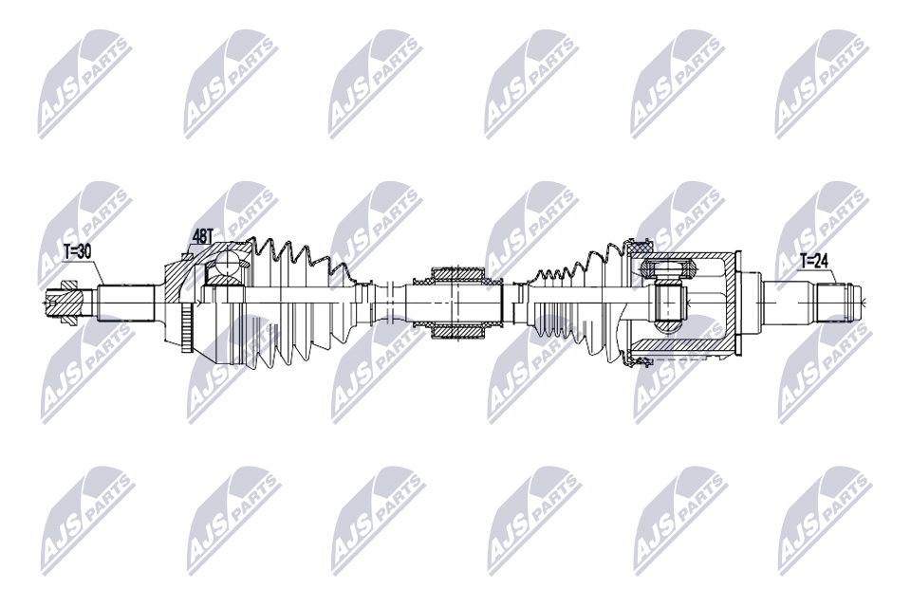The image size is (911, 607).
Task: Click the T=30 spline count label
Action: [77, 251]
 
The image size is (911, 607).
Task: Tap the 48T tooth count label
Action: [202, 236]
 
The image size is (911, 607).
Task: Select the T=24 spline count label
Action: [813, 261]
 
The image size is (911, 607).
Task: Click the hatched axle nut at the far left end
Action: [68, 302]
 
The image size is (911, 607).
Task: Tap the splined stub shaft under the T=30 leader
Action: [125, 302]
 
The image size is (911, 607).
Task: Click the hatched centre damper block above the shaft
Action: [458, 275]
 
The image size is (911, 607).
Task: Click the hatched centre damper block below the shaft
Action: [458, 331]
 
